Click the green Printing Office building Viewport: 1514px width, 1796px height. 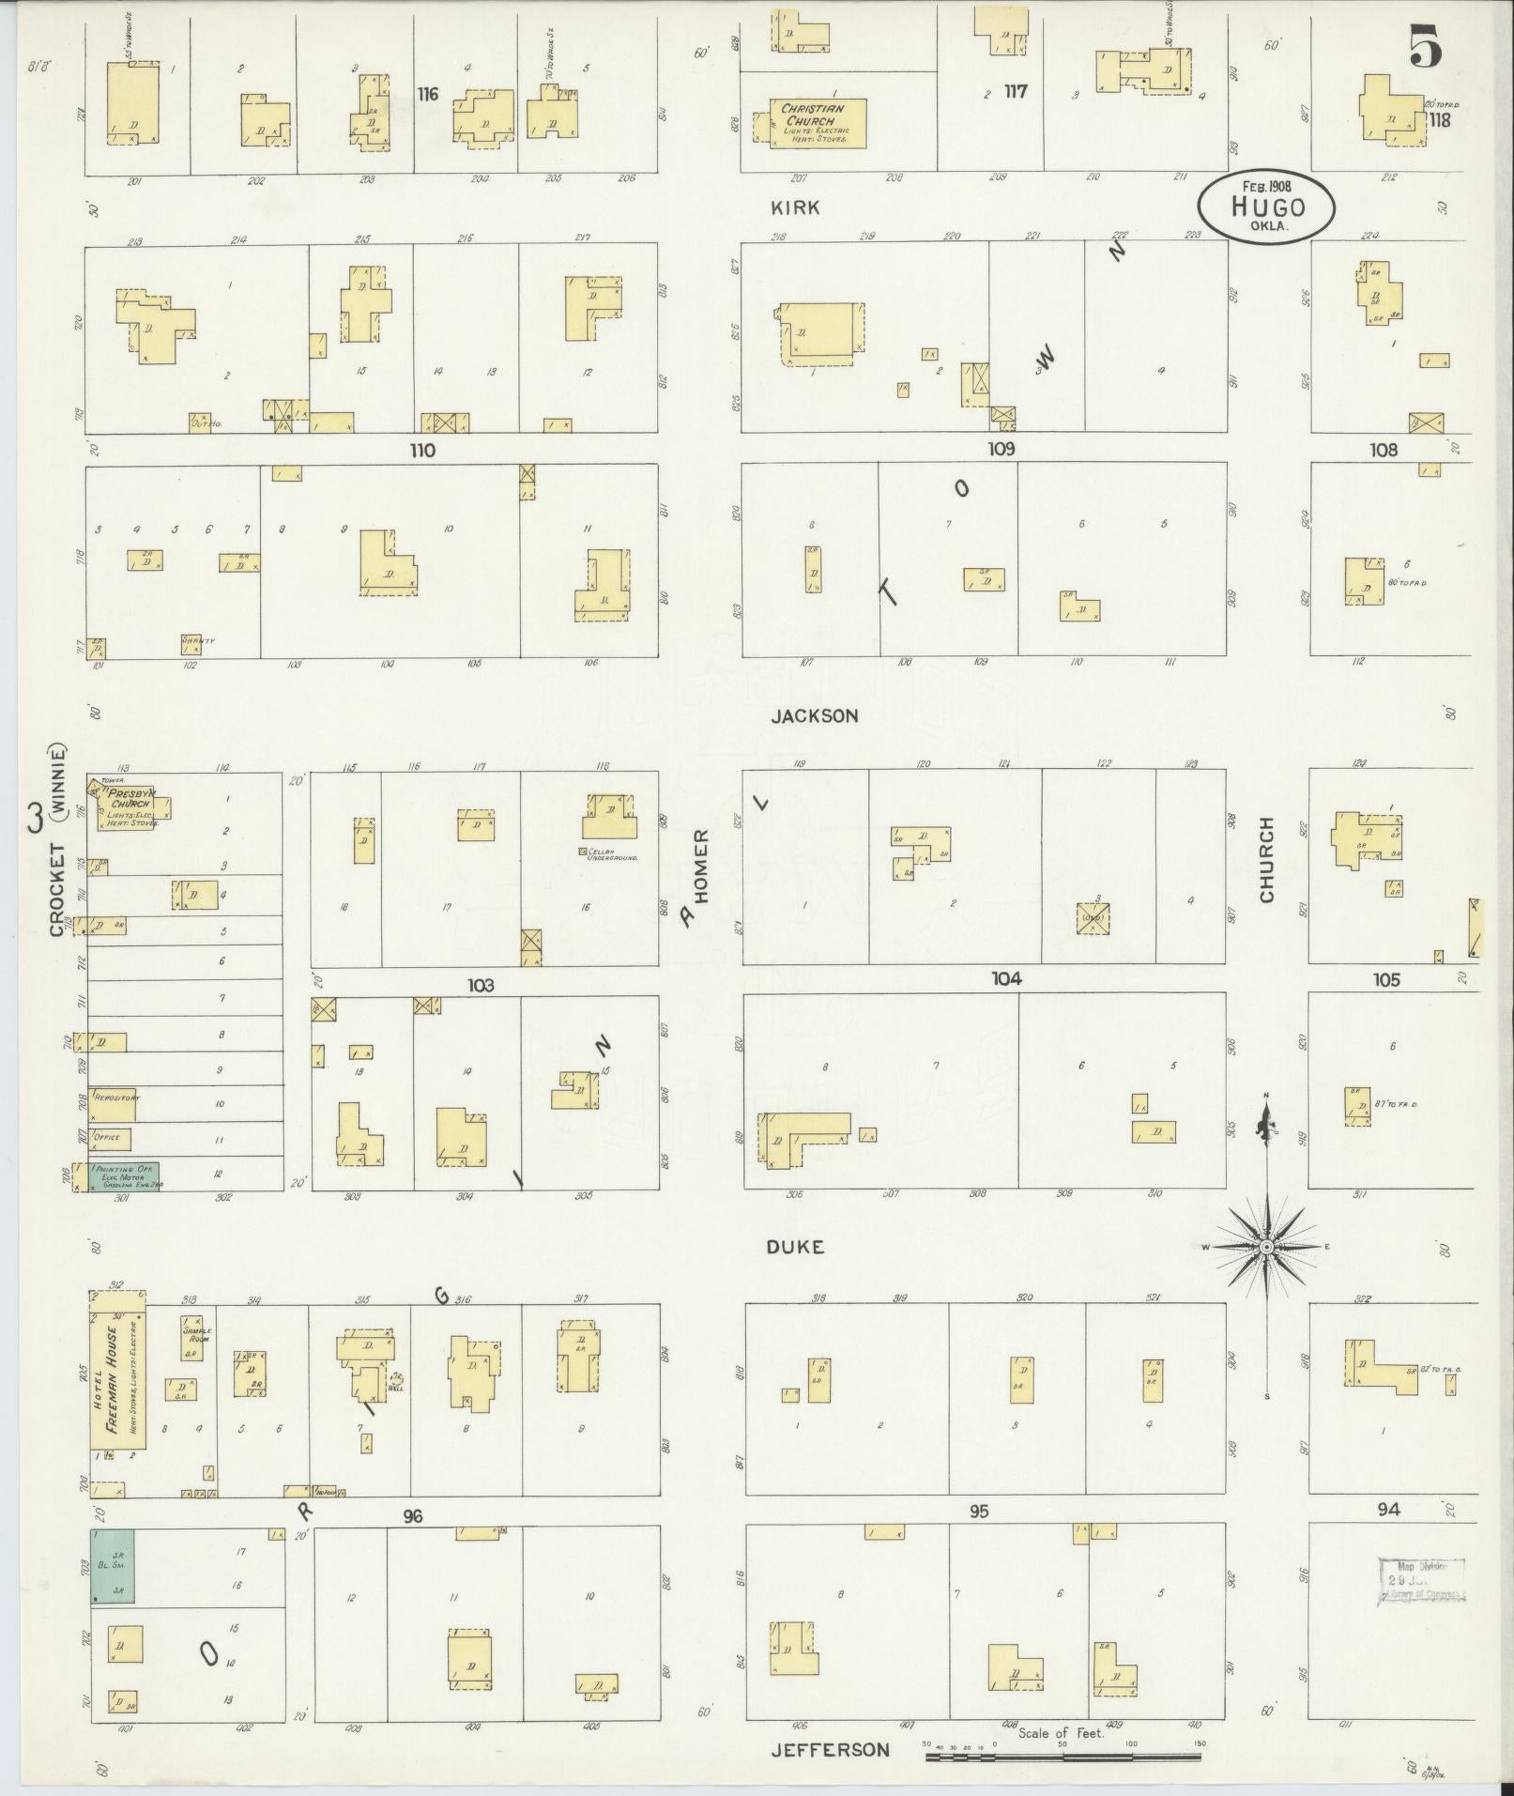(x=124, y=1177)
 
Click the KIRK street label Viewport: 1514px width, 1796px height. (x=795, y=207)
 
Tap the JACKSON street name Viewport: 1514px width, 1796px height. (x=814, y=715)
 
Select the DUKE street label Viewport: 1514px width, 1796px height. (x=795, y=1247)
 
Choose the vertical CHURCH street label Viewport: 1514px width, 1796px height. (x=1267, y=860)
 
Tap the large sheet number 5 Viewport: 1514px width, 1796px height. (x=1425, y=47)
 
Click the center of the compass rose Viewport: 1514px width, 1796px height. (x=1265, y=1247)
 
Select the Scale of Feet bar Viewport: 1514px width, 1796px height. (x=1064, y=1754)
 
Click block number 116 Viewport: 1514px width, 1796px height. (x=428, y=94)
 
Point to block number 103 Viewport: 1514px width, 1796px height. (x=481, y=986)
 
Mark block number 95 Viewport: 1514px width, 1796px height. (x=979, y=1512)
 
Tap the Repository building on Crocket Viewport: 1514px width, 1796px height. (x=113, y=1105)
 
